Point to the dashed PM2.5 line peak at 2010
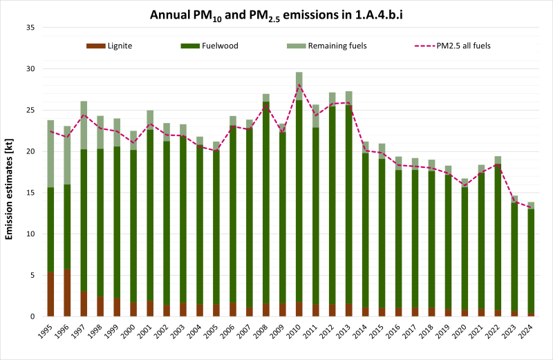click(x=299, y=84)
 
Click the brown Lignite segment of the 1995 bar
click(x=50, y=294)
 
